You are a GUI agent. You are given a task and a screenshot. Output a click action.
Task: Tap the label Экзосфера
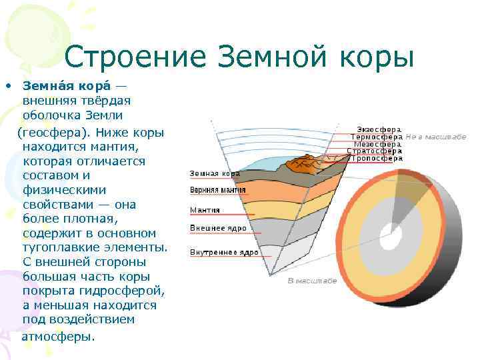tap(379, 129)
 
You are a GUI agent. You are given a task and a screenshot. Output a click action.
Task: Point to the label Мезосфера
tap(377, 143)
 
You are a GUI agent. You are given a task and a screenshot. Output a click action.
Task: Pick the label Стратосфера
tap(375, 151)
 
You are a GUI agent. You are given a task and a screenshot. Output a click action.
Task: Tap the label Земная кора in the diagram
tap(215, 174)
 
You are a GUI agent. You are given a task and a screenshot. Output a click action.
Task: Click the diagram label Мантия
tap(205, 210)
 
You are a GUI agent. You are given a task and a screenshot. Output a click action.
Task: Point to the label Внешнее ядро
tap(218, 228)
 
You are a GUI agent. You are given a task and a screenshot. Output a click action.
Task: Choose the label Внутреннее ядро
tap(224, 253)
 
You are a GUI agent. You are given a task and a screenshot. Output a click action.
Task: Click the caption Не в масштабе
tap(435, 136)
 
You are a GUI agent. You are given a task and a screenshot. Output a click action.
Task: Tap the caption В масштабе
tap(312, 281)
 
